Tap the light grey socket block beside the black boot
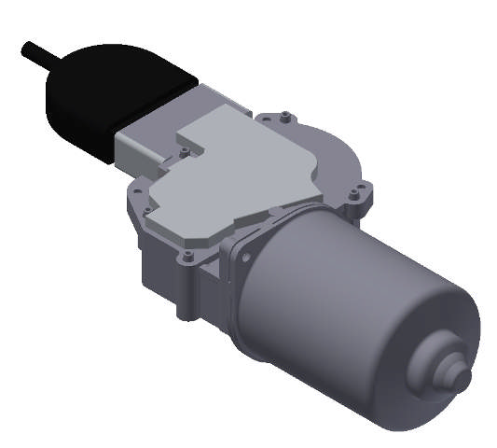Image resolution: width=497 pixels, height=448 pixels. (x=140, y=146)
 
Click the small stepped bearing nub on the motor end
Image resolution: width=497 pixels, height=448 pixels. (x=451, y=369)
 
